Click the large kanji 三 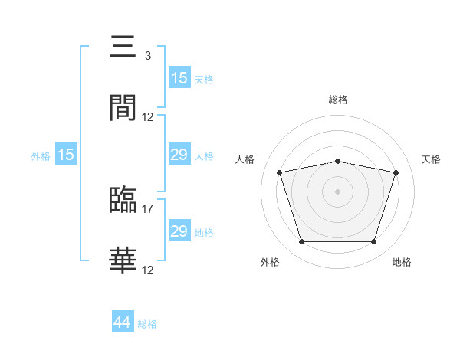pyautogui.click(x=123, y=46)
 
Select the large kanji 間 pyautogui.click(x=123, y=107)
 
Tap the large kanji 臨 pyautogui.click(x=123, y=199)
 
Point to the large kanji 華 pyautogui.click(x=123, y=260)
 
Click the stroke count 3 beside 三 pyautogui.click(x=148, y=56)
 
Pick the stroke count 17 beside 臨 pyautogui.click(x=147, y=209)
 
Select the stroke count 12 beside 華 pyautogui.click(x=147, y=270)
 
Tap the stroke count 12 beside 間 pyautogui.click(x=147, y=117)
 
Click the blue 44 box pyautogui.click(x=123, y=321)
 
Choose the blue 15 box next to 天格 pyautogui.click(x=179, y=77)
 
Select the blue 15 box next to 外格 pyautogui.click(x=66, y=154)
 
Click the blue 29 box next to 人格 pyautogui.click(x=179, y=154)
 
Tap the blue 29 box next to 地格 pyautogui.click(x=179, y=230)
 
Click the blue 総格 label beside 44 pyautogui.click(x=147, y=324)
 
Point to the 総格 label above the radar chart pyautogui.click(x=338, y=100)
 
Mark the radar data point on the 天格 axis pyautogui.click(x=396, y=172)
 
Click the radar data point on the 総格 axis pyautogui.click(x=337, y=162)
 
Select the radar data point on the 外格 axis pyautogui.click(x=302, y=242)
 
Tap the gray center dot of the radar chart pyautogui.click(x=337, y=191)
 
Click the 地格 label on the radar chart pyautogui.click(x=402, y=262)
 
